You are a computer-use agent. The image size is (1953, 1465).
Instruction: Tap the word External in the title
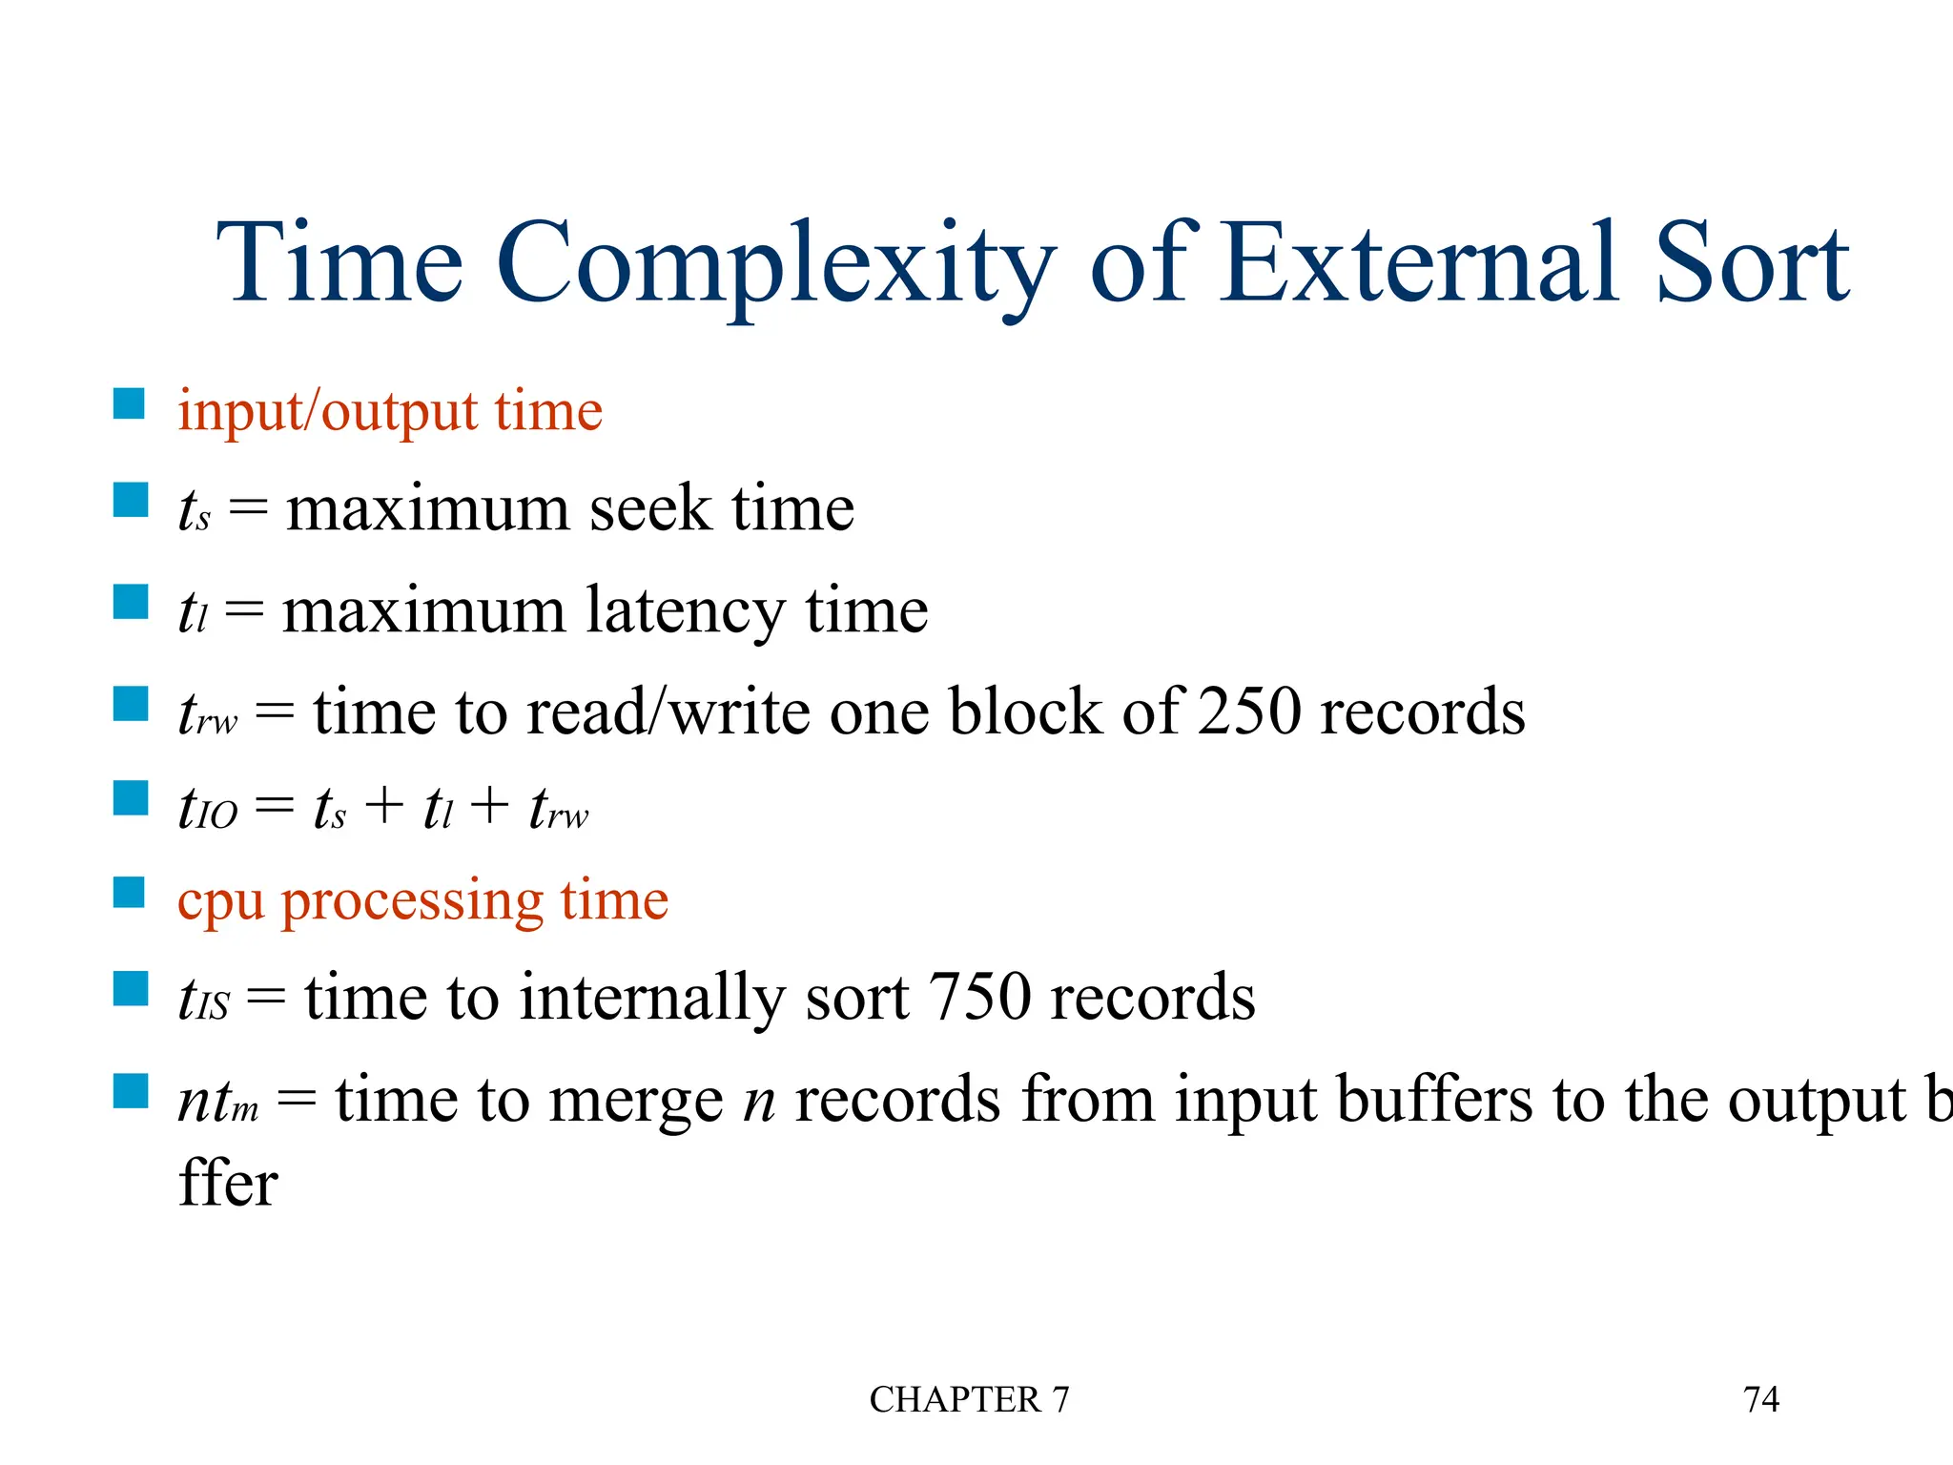1420,262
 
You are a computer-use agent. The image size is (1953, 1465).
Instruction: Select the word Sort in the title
1753,262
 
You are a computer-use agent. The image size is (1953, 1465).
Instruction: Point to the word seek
649,508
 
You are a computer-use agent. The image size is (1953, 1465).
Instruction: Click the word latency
684,610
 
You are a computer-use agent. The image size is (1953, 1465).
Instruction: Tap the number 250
1248,712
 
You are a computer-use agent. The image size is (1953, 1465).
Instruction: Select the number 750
978,998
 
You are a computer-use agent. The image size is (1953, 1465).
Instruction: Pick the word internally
652,999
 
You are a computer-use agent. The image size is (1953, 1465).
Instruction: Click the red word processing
412,901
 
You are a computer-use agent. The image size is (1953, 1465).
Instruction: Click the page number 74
1760,1399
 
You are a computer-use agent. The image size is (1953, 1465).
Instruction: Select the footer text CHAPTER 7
969,1399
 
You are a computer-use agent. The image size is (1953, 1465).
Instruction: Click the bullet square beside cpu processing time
129,894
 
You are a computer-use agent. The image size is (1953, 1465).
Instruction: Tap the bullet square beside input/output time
129,403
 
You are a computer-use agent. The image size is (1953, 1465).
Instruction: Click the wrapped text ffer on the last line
228,1184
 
